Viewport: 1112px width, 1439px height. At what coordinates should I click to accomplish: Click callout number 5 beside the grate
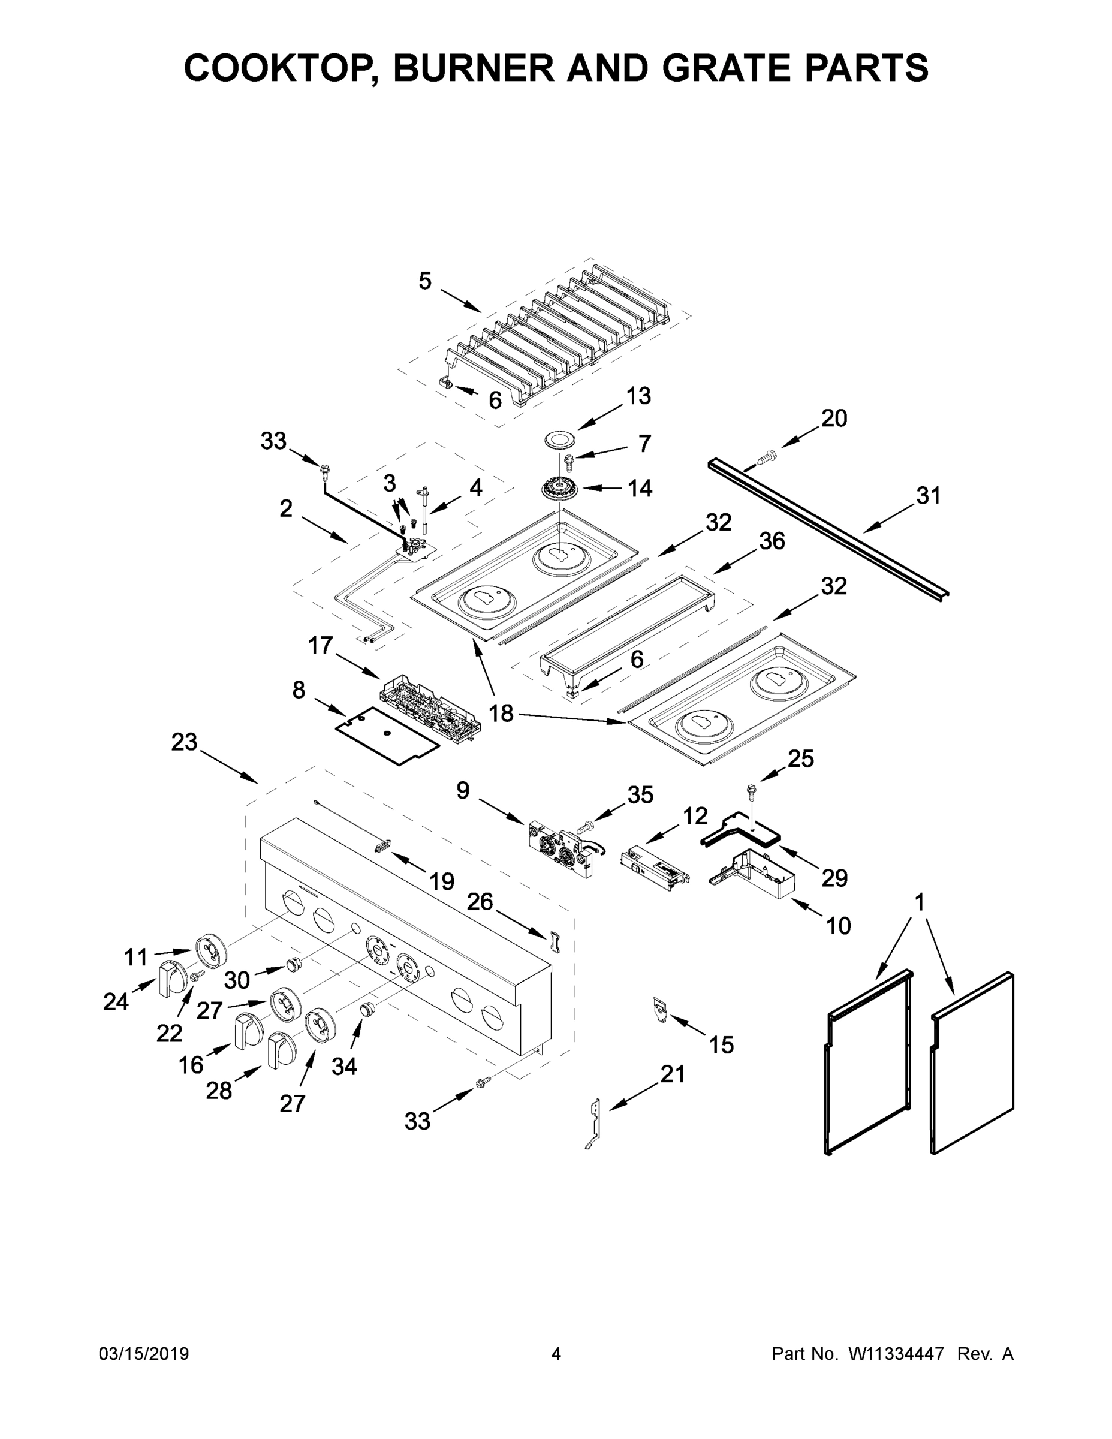(425, 281)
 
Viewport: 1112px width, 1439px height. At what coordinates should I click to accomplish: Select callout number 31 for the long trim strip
(928, 496)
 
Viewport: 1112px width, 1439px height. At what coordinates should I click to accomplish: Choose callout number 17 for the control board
(320, 646)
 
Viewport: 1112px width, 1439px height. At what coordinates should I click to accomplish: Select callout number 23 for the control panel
(184, 742)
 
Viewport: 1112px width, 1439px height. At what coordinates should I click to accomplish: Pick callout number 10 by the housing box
(838, 926)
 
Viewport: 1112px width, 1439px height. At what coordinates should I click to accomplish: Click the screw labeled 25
(751, 788)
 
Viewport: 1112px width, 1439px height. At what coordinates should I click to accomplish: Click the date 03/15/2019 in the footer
(144, 1353)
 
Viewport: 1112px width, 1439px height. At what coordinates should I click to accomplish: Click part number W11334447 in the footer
(896, 1353)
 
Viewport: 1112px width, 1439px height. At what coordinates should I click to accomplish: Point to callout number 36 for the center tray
(772, 541)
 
